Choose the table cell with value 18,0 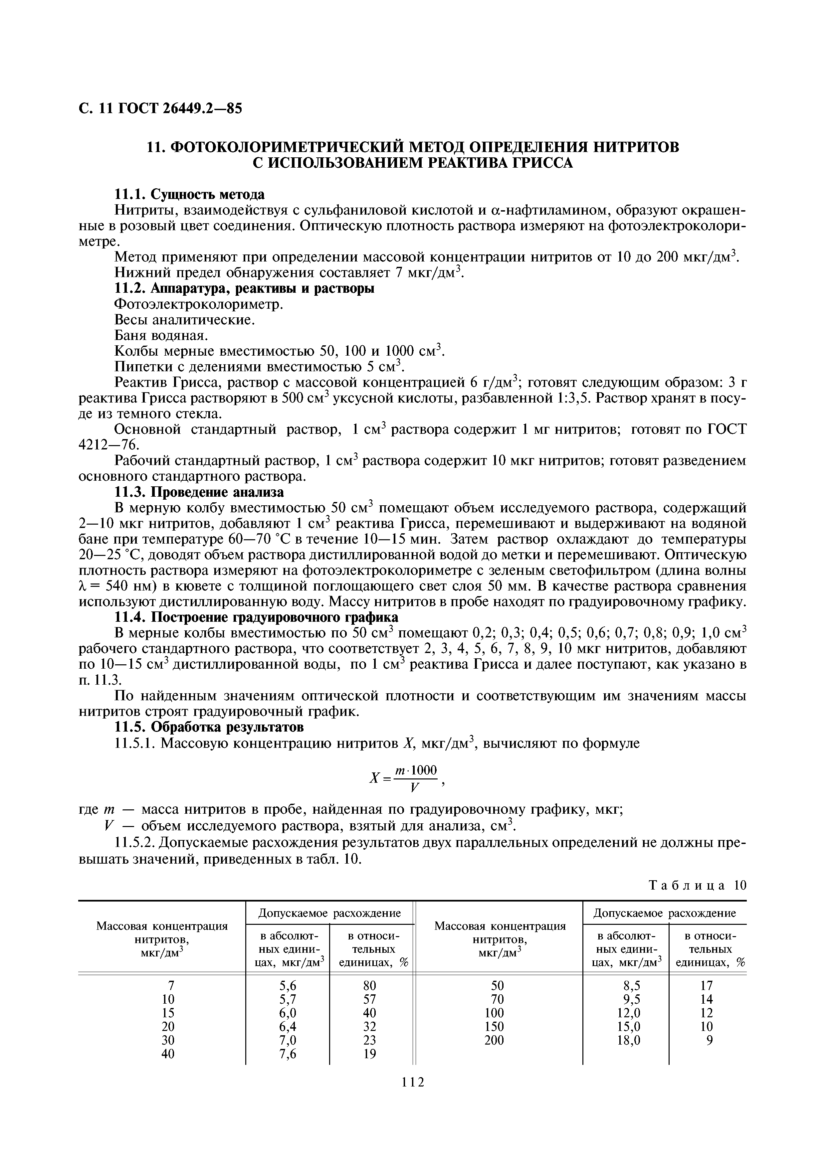[628, 1040]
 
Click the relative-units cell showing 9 [710, 1040]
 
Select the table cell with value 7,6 [288, 1054]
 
